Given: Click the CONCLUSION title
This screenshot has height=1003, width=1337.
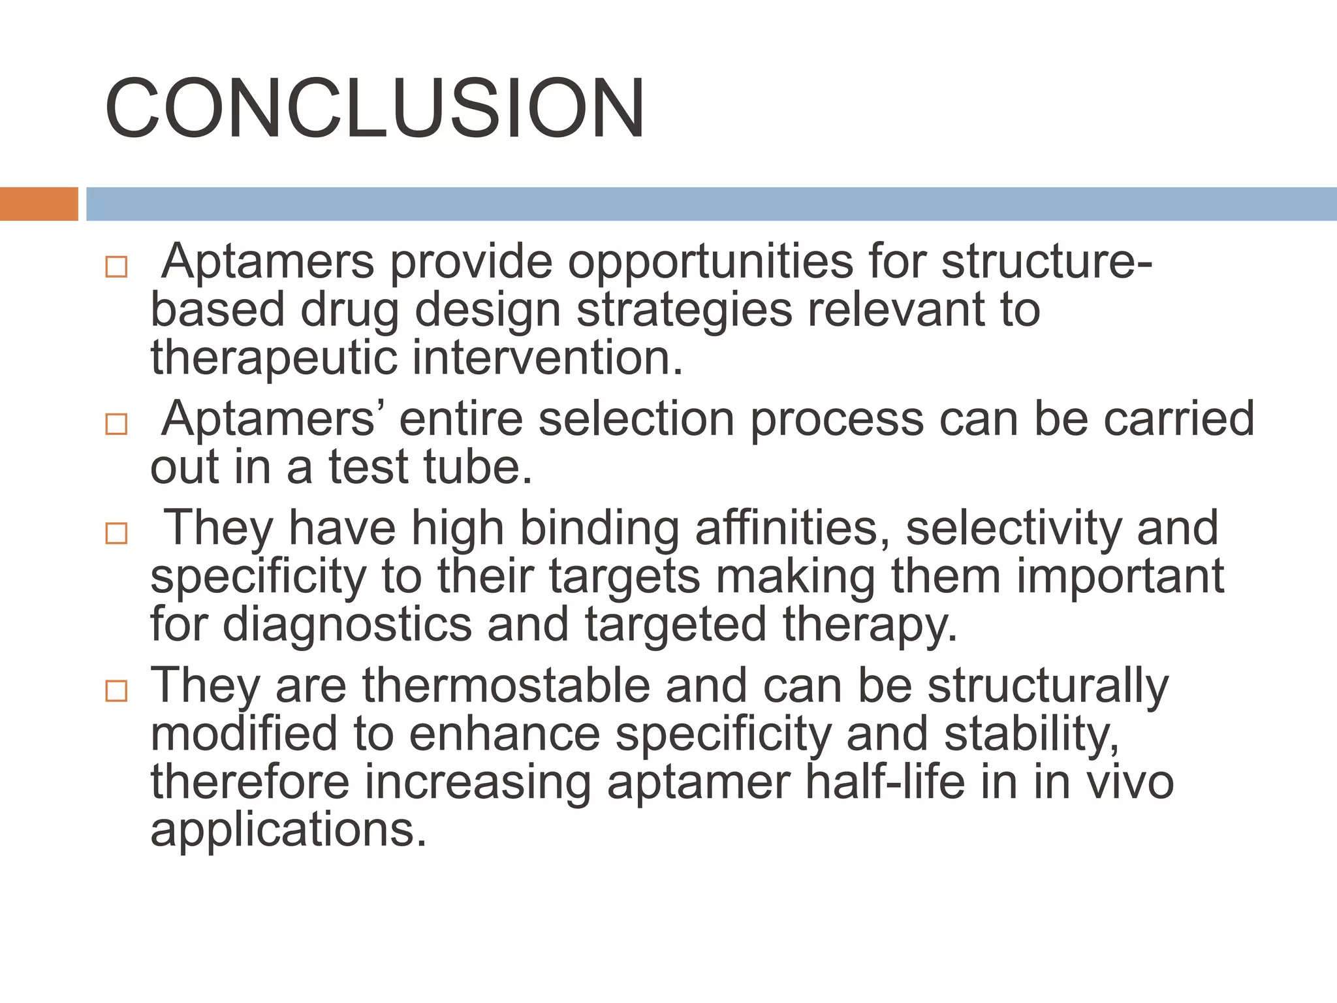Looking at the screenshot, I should click(x=375, y=108).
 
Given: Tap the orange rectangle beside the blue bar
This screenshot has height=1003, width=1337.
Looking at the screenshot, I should click(x=39, y=204).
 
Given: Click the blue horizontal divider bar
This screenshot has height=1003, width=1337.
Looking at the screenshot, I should click(x=711, y=204).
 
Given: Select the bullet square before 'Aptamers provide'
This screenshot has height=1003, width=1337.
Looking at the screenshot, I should click(x=116, y=267).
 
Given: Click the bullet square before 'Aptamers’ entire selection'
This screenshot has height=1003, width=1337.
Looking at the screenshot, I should click(x=116, y=424).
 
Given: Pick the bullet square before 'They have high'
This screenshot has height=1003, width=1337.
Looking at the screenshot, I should click(x=116, y=533).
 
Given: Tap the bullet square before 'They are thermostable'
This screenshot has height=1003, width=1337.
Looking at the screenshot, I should click(x=116, y=691).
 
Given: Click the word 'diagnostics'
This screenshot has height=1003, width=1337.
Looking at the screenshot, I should click(x=347, y=625).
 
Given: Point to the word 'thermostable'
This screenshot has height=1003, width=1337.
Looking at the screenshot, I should click(x=506, y=686).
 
